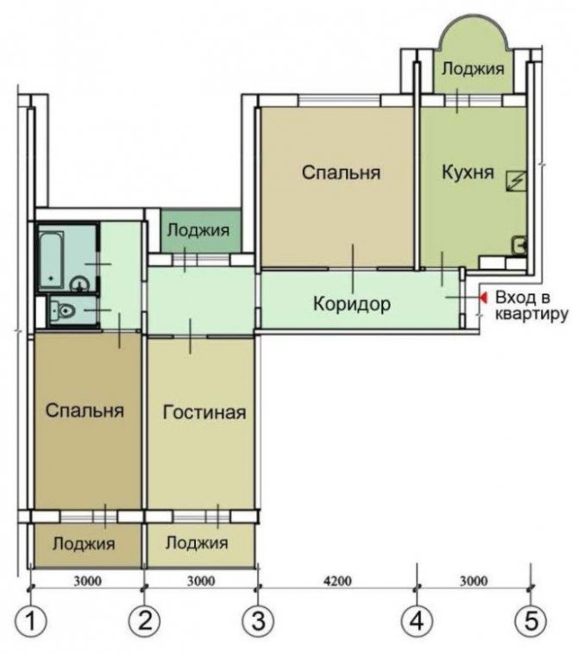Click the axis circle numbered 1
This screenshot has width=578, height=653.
[x=30, y=621]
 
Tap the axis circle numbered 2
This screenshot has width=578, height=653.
[x=144, y=621]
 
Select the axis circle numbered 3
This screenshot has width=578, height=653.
[x=258, y=621]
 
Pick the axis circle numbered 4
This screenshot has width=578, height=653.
[x=417, y=621]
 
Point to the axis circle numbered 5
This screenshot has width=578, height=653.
[x=531, y=621]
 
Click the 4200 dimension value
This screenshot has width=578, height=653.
[x=337, y=581]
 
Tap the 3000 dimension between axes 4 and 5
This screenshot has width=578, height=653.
[x=474, y=581]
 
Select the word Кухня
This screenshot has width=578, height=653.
[x=468, y=172]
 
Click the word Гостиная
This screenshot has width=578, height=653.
[x=204, y=412]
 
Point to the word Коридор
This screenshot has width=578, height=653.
[x=352, y=304]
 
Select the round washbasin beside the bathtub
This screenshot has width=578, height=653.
[x=79, y=286]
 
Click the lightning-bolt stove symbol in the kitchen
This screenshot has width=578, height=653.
[x=516, y=181]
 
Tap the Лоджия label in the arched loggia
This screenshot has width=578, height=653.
[x=473, y=69]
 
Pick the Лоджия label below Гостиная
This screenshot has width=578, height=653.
[x=197, y=543]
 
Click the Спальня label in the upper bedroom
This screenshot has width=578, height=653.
[x=341, y=173]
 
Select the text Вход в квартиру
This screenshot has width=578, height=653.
[x=531, y=306]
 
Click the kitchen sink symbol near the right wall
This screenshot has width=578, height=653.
[x=519, y=244]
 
